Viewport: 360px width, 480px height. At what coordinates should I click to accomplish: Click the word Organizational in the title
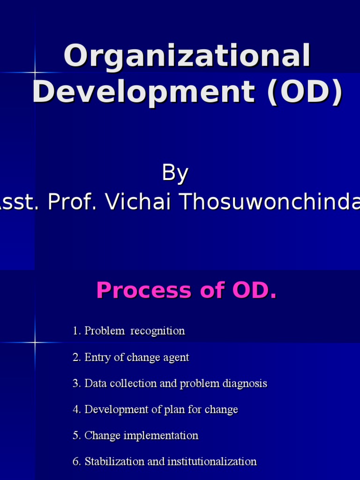coord(187,56)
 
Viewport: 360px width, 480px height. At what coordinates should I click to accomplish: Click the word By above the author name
coord(175,173)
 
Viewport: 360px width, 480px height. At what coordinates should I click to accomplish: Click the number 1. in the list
coord(77,331)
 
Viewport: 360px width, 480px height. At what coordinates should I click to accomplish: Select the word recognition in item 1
coord(157,331)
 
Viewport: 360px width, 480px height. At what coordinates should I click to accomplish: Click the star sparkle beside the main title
coord(35,73)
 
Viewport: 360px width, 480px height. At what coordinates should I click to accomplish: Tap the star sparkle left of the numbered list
coord(35,342)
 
